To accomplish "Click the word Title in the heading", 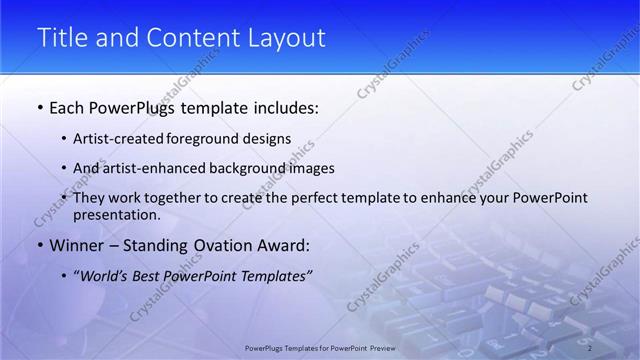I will click(x=62, y=38).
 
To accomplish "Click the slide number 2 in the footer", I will click(x=590, y=347).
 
